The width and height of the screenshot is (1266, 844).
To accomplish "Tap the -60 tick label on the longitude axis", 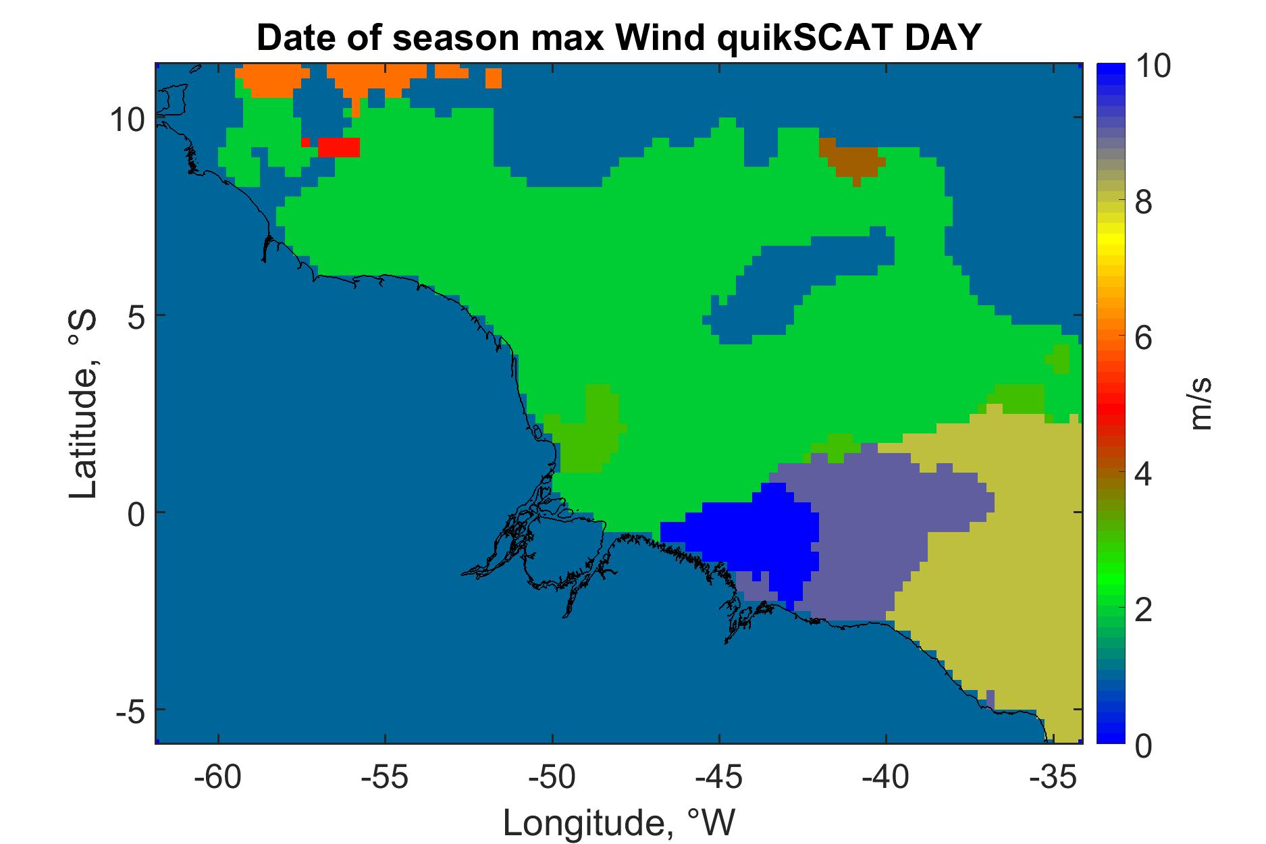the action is (x=218, y=779).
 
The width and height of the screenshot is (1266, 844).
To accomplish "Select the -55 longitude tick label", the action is (x=385, y=779).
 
